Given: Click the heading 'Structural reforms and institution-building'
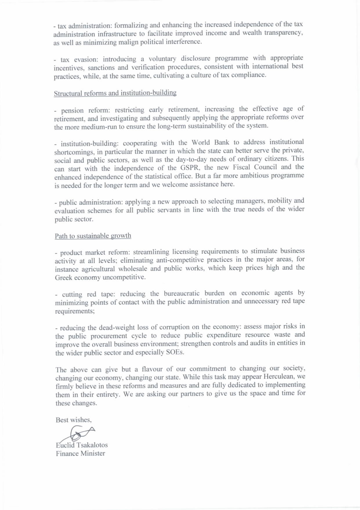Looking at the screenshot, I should click(115, 93).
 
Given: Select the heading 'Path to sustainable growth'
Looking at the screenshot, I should click(93, 236).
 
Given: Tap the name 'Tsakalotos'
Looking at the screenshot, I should click(92, 445).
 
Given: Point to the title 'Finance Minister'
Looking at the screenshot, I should click(80, 453).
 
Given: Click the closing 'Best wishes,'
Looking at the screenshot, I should click(74, 420).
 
